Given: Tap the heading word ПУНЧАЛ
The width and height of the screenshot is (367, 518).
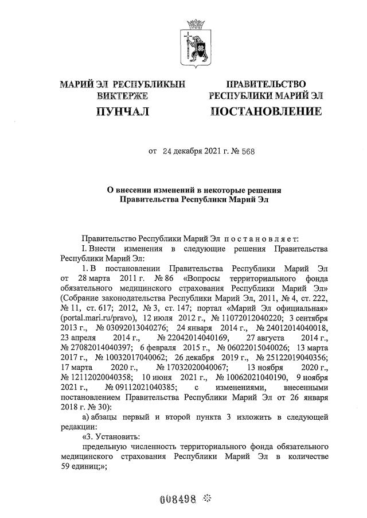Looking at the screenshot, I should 122,111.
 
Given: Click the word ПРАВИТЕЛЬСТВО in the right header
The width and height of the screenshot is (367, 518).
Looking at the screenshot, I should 266,84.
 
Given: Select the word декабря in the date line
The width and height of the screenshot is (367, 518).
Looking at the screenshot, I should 182,152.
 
